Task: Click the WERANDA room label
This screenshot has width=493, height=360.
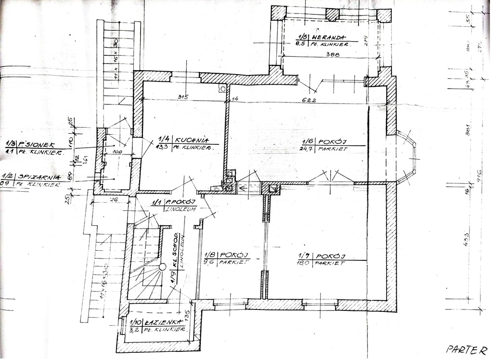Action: click(330, 37)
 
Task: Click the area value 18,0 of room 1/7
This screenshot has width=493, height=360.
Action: click(304, 264)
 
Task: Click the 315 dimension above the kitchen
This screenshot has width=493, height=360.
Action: click(182, 97)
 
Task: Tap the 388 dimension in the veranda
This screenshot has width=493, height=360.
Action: click(332, 55)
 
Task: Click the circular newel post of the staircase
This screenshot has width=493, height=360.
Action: click(163, 266)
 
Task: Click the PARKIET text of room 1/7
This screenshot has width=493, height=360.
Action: click(330, 264)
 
